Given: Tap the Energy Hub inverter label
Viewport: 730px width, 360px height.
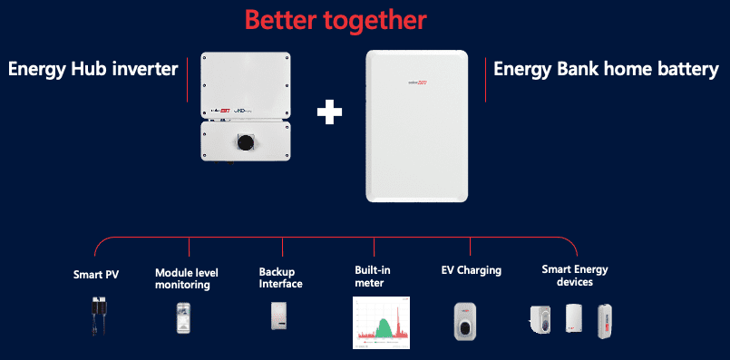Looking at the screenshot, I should click(92, 69).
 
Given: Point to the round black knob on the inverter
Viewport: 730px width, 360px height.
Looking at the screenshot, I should click(244, 142).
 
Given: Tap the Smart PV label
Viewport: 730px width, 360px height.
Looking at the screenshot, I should click(96, 272).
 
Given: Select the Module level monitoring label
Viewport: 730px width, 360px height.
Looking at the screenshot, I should click(182, 278).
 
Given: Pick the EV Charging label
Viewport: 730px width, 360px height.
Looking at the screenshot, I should click(471, 270).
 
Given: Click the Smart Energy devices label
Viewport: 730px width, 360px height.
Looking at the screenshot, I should click(574, 276).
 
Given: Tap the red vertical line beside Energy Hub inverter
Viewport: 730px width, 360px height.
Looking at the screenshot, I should click(188, 79).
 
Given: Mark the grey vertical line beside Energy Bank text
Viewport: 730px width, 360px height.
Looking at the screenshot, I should click(486, 80).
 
